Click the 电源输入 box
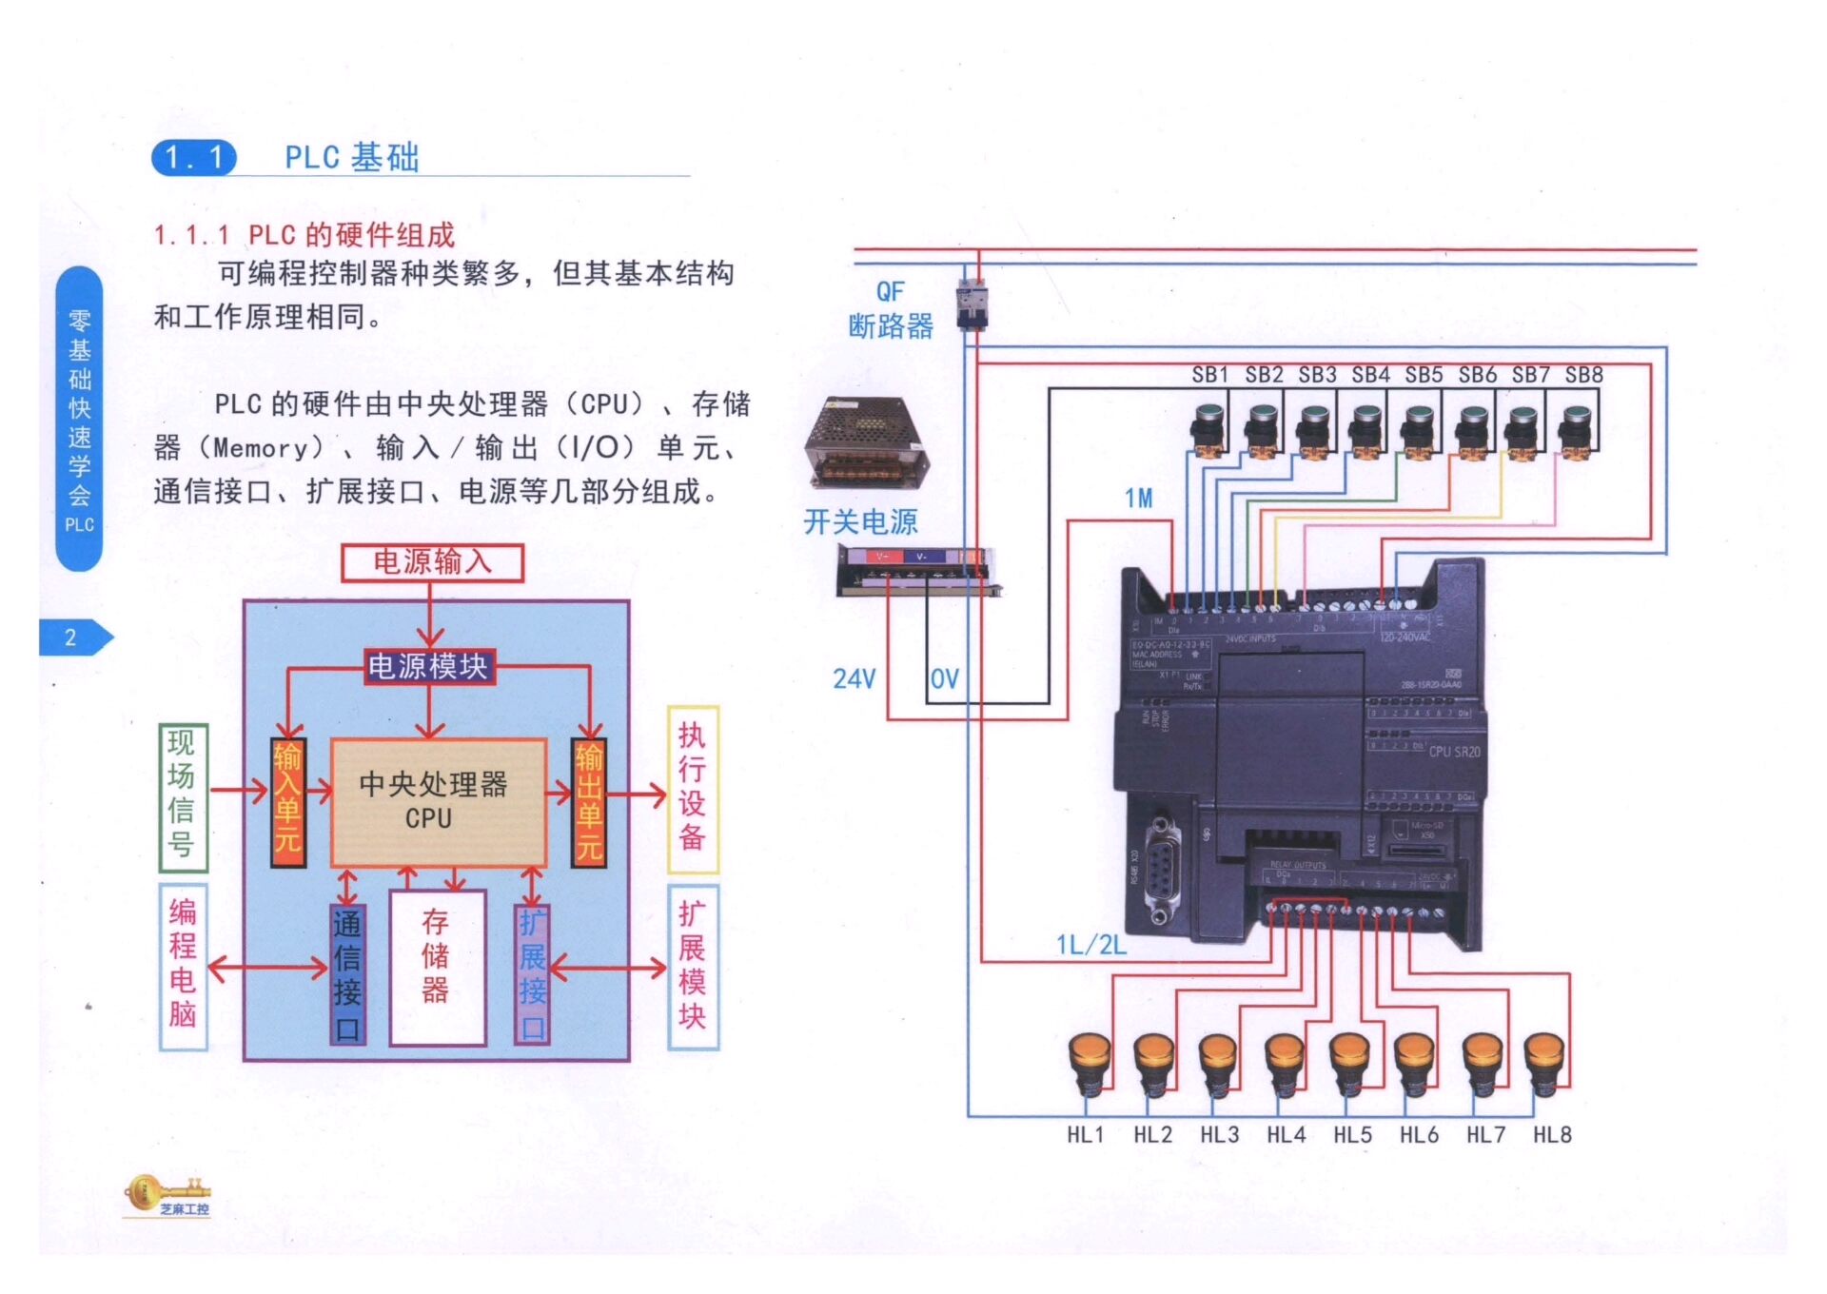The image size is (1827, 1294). pos(432,562)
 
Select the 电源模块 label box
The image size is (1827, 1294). pos(429,666)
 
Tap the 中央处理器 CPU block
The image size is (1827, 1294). pos(437,802)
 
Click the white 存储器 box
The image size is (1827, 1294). pos(437,966)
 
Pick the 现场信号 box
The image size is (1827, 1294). pos(183,798)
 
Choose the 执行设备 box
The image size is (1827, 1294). pos(692,789)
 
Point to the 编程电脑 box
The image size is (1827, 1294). pos(183,966)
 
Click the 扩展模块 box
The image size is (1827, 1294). pos(692,966)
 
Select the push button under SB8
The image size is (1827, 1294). pos(1576,431)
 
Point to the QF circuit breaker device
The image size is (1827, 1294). pos(972,304)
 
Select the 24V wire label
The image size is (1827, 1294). pos(854,678)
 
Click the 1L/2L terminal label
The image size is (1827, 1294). pos(1090,944)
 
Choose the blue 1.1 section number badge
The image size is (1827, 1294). pos(194,158)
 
